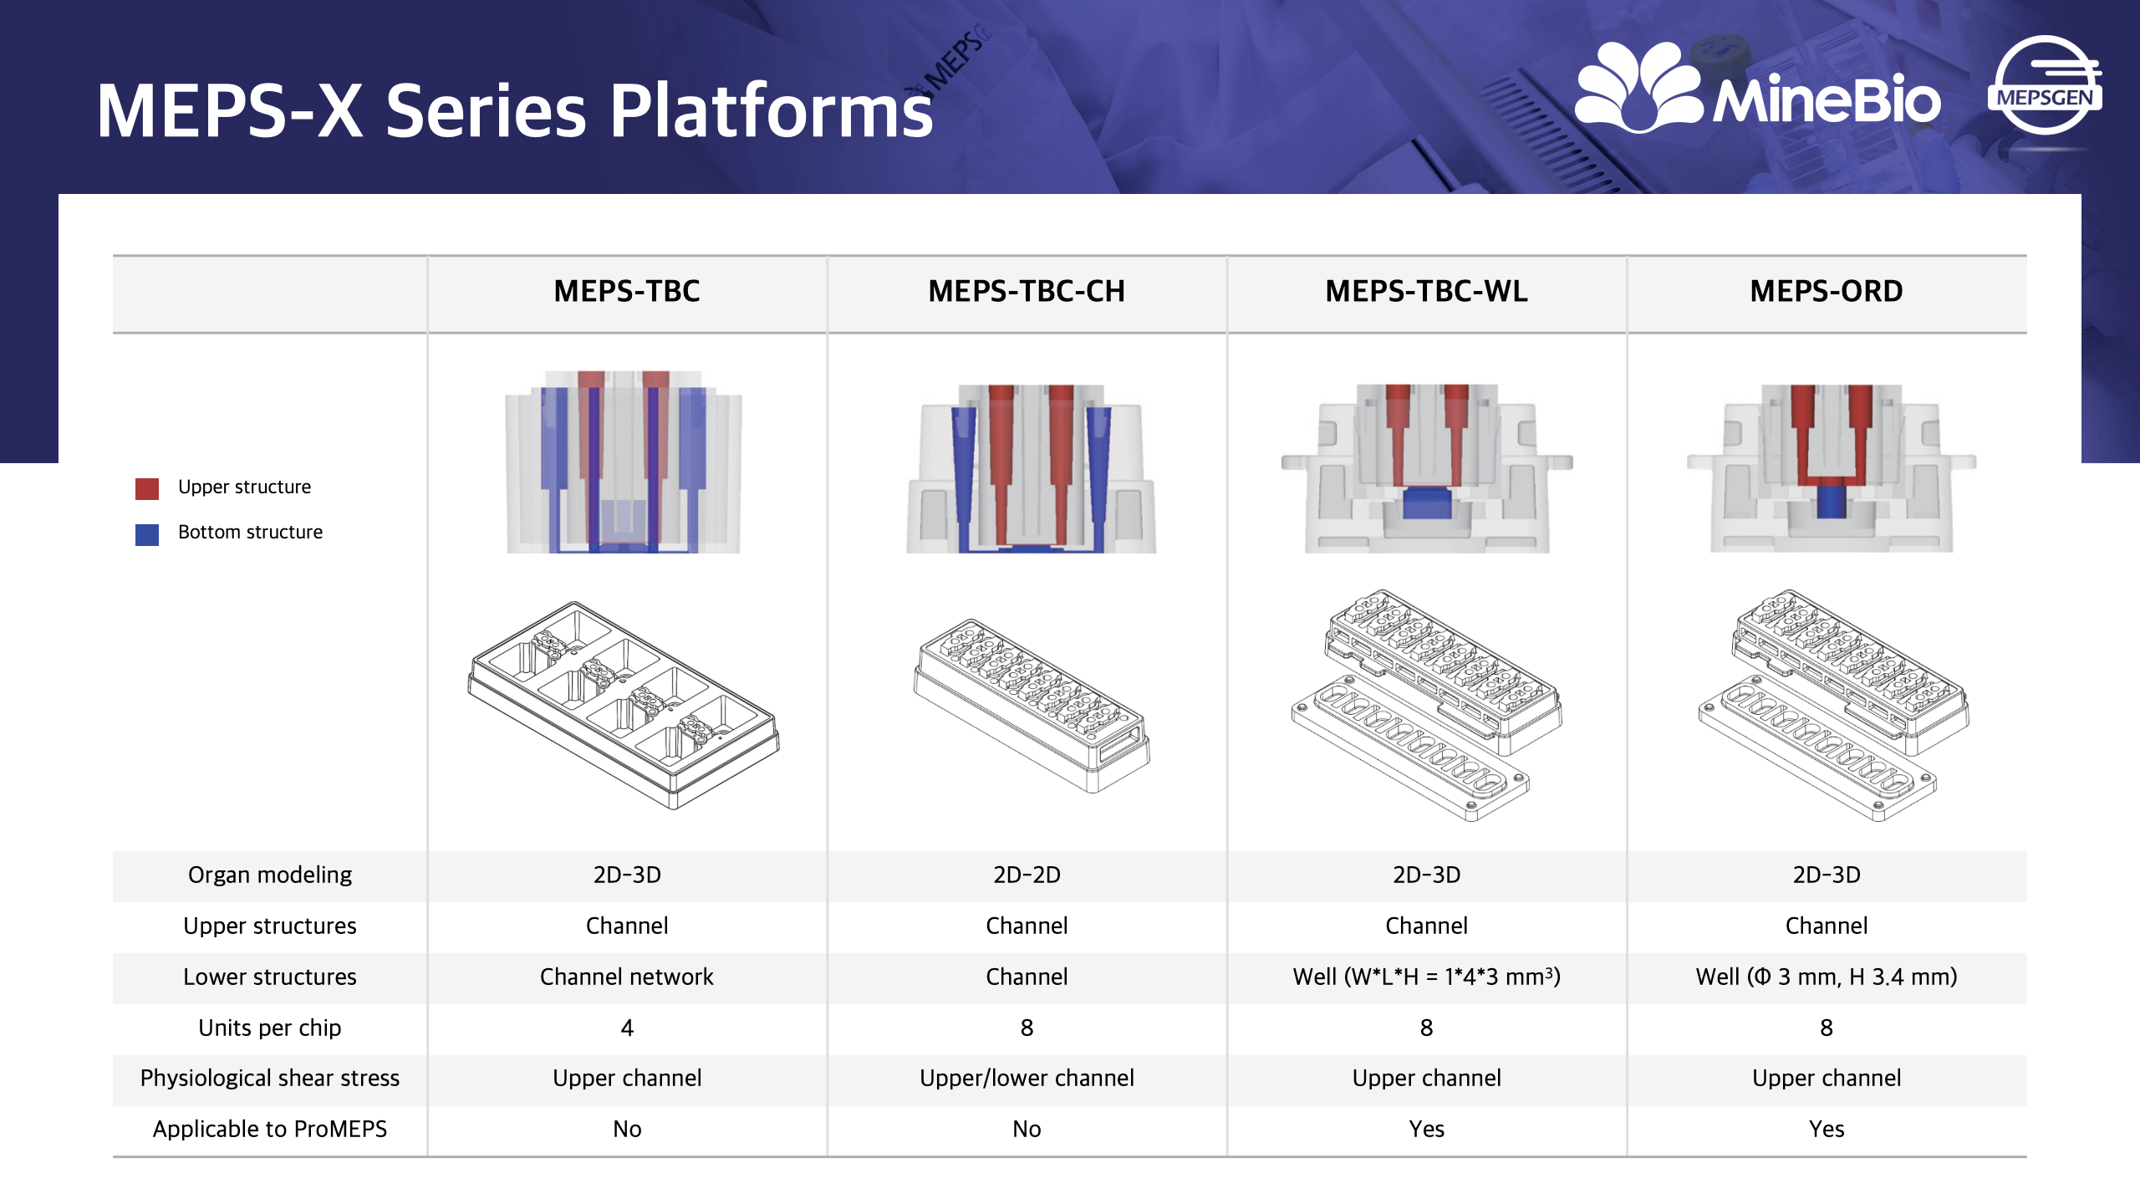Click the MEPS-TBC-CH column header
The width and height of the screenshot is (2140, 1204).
1026,291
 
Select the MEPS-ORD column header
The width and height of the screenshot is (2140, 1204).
1826,291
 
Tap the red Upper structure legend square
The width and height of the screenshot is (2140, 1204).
147,488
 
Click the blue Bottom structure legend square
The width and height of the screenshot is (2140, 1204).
147,534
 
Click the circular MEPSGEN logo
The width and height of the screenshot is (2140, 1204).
2044,85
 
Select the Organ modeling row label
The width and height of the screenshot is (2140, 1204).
269,875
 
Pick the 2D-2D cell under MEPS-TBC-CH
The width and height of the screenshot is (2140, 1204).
1026,875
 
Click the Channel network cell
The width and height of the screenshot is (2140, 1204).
626,977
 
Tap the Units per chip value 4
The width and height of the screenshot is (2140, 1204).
627,1028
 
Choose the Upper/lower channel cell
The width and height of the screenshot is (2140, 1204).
1026,1078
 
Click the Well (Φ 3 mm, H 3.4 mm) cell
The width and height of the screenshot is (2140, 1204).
1826,977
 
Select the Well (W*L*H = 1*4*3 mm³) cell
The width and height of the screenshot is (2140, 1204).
1426,977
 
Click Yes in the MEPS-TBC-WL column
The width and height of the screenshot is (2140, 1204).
1426,1129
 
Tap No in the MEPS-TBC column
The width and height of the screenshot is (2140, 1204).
627,1129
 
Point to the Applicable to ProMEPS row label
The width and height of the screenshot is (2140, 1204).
269,1129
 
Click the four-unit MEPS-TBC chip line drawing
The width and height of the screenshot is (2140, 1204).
623,704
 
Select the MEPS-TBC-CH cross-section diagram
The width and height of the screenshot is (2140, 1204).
1030,468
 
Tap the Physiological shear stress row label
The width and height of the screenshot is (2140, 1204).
269,1078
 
